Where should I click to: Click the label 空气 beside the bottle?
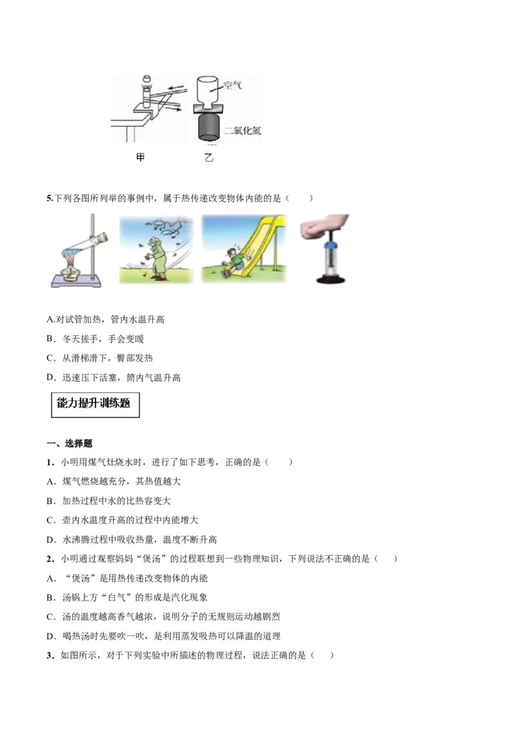[x=232, y=85]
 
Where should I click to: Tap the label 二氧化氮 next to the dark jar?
[x=242, y=130]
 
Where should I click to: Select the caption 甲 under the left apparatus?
[x=140, y=157]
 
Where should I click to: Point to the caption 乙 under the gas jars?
[x=208, y=157]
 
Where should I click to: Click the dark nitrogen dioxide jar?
[x=208, y=126]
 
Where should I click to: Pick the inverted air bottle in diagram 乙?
[x=208, y=92]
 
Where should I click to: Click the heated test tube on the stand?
[x=87, y=246]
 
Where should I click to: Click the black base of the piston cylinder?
[x=331, y=279]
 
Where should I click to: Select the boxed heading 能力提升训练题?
[x=95, y=404]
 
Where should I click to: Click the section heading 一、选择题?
[x=70, y=443]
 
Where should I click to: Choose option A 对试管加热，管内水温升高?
[x=106, y=319]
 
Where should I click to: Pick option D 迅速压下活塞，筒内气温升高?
[x=114, y=377]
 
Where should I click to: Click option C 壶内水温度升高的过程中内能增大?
[x=123, y=520]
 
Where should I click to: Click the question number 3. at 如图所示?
[x=51, y=655]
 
